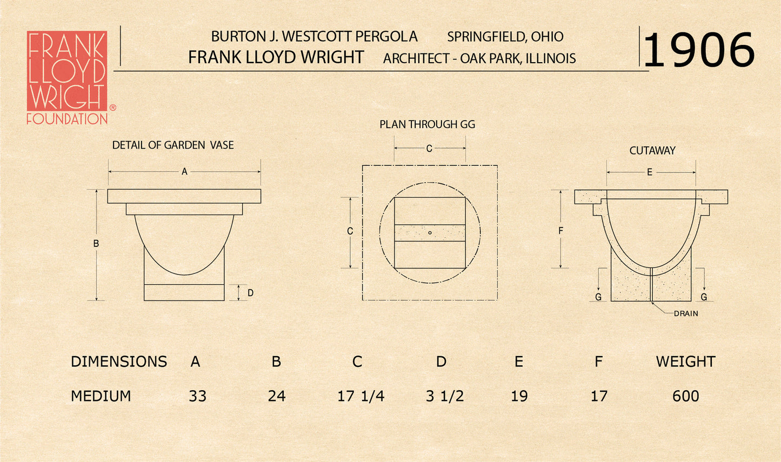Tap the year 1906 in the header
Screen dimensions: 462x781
pyautogui.click(x=699, y=50)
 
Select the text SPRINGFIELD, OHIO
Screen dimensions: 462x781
pyautogui.click(x=505, y=37)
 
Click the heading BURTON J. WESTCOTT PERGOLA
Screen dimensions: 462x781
pyautogui.click(x=314, y=37)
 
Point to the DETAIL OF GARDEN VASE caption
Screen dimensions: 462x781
pyautogui.click(x=173, y=145)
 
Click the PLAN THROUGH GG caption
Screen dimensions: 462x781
pyautogui.click(x=427, y=124)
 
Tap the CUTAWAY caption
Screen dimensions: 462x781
pyautogui.click(x=652, y=151)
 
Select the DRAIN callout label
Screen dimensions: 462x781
pyautogui.click(x=686, y=313)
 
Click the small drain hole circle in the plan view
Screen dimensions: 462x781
pyautogui.click(x=430, y=233)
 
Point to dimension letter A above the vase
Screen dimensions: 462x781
pyautogui.click(x=184, y=172)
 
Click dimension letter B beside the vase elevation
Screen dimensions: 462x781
pyautogui.click(x=96, y=244)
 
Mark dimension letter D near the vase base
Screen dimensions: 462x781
pyautogui.click(x=250, y=293)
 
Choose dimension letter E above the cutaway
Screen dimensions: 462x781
pyautogui.click(x=650, y=172)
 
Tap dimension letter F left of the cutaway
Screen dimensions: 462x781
pyautogui.click(x=560, y=231)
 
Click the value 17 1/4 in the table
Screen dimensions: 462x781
pyautogui.click(x=361, y=396)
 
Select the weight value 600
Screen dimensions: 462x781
pyautogui.click(x=685, y=396)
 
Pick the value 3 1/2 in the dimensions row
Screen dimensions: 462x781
pyautogui.click(x=444, y=396)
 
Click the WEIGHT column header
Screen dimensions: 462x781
pyautogui.click(x=685, y=361)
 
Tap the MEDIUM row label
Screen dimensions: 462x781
pyautogui.click(x=101, y=396)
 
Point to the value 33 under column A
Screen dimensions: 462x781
pyautogui.click(x=197, y=396)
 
